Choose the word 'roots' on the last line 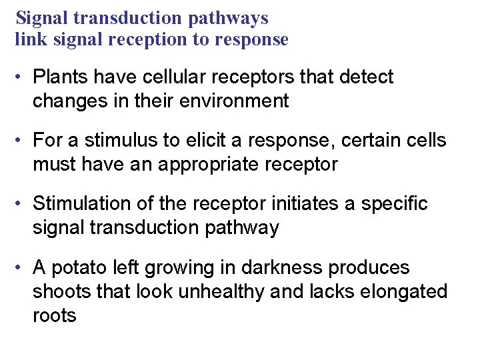point(55,315)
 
